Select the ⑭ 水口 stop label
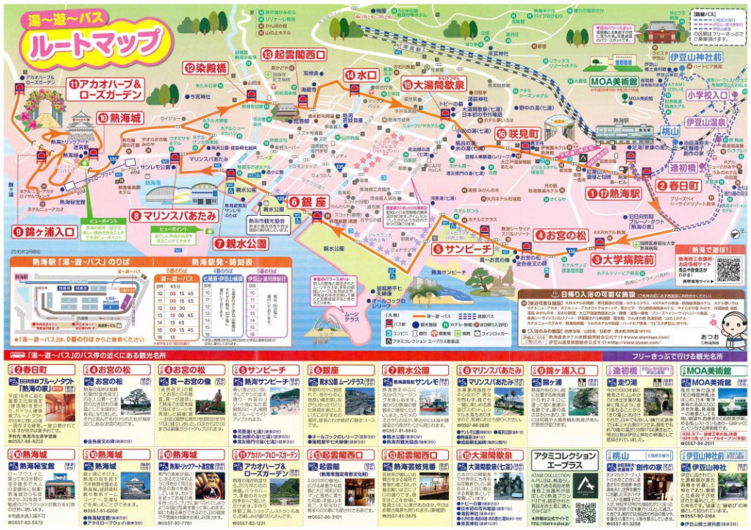click(361, 74)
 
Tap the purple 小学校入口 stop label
click(708, 95)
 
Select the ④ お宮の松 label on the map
click(560, 235)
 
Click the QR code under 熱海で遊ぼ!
click(728, 270)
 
